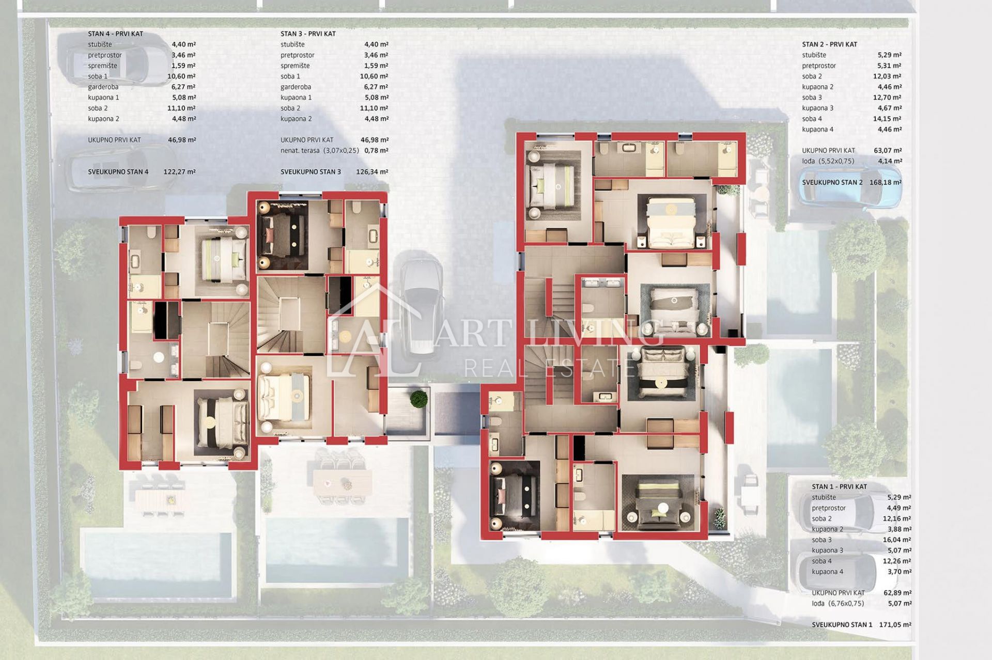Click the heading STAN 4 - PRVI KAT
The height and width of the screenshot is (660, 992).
click(115, 34)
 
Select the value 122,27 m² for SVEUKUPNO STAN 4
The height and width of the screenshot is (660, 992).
click(179, 172)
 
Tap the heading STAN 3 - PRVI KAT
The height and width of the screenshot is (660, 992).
click(308, 34)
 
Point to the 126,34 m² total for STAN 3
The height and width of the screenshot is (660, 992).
click(372, 172)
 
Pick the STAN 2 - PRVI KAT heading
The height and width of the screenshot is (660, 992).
click(829, 44)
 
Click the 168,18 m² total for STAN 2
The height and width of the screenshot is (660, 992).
click(886, 182)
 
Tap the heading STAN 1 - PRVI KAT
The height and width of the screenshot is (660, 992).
click(839, 486)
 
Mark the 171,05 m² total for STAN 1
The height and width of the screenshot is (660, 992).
click(895, 624)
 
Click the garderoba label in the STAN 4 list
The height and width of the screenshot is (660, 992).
click(103, 87)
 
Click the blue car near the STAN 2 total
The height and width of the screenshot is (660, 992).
click(850, 193)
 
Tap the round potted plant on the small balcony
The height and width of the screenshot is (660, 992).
click(419, 399)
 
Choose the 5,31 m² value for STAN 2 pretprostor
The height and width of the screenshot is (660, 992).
click(889, 66)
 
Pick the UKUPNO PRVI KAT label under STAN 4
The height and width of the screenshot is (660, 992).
click(114, 140)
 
